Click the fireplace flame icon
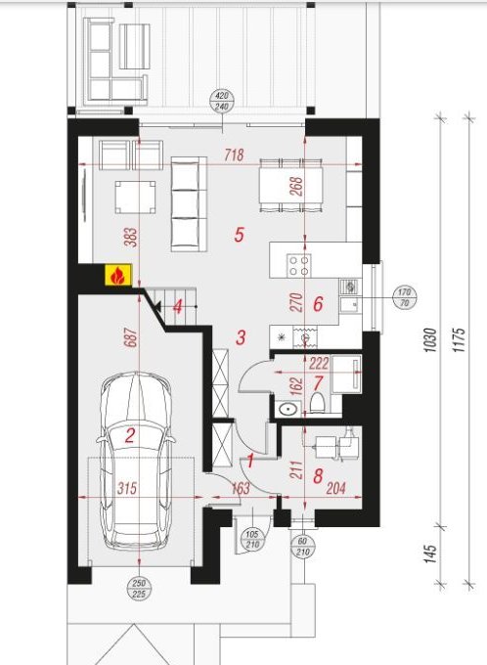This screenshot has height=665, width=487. tap(117, 275)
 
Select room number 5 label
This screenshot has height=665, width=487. tap(240, 234)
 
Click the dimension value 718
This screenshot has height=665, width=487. tap(234, 155)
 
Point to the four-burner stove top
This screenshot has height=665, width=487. tap(298, 266)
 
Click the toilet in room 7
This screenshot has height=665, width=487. tap(317, 402)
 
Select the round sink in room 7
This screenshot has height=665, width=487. tap(288, 409)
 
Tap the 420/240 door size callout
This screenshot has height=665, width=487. tap(222, 101)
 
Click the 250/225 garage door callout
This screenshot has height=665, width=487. tap(139, 589)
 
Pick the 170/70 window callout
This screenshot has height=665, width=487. tap(404, 297)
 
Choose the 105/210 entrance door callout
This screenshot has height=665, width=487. tap(252, 540)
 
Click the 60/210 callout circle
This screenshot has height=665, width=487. tap(302, 547)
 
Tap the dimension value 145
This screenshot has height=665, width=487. tap(429, 554)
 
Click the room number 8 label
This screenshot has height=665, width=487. tap(318, 476)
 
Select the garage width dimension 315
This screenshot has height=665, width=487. tap(127, 488)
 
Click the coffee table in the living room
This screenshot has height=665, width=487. tap(135, 198)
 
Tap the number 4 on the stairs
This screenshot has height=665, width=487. tap(178, 307)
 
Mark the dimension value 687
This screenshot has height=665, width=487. tap(131, 338)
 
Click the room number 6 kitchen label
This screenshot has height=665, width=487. tap(318, 304)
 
